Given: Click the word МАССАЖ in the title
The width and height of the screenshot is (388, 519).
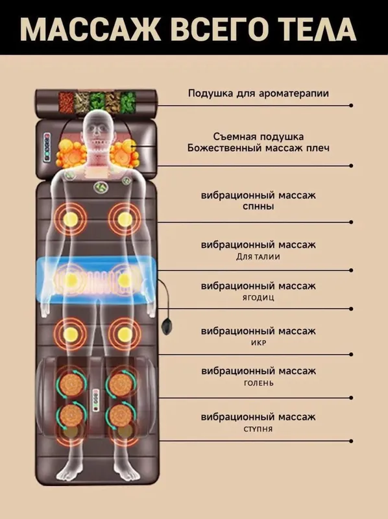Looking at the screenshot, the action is [x=90, y=29].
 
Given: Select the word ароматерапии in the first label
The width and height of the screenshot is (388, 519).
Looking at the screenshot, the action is [x=294, y=93].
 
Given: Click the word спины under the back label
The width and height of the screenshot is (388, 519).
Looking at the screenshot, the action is [x=258, y=206].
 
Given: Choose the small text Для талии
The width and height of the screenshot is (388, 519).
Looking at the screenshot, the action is [x=258, y=257].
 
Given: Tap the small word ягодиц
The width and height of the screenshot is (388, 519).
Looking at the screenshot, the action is [x=258, y=298].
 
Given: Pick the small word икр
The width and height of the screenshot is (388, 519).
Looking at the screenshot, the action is [x=258, y=343].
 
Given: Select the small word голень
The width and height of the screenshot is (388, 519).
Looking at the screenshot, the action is [x=258, y=383].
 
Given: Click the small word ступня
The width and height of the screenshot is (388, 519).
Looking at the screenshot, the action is [x=258, y=429].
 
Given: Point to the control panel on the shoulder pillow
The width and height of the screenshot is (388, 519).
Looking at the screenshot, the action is [x=47, y=147].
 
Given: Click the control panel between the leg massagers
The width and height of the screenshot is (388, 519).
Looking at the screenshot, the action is [x=95, y=400].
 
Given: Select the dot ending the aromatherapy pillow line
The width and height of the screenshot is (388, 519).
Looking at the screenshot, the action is [x=351, y=106].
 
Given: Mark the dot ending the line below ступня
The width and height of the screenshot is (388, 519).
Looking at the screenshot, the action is [x=351, y=441].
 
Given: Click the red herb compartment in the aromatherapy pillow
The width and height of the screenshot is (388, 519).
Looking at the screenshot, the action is [x=66, y=103].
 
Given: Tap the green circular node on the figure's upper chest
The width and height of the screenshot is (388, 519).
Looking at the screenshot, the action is [x=101, y=187].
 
